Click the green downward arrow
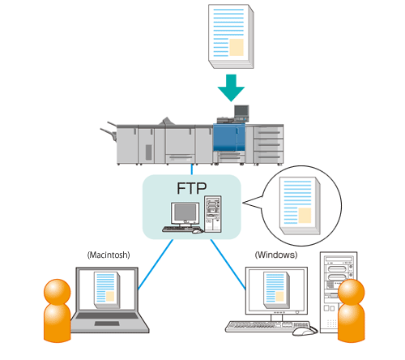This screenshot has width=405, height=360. [x=231, y=88]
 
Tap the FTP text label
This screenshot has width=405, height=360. [x=192, y=188]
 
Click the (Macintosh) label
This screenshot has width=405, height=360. [x=109, y=255]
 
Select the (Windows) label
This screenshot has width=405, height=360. [x=276, y=255]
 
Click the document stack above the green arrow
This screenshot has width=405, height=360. [x=231, y=36]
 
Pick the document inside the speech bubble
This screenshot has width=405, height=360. [x=300, y=206]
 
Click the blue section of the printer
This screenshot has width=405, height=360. [x=229, y=137]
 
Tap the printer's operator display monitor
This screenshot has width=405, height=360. [x=241, y=111]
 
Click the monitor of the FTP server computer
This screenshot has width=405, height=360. [x=185, y=212]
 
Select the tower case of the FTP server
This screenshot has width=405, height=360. [x=213, y=214]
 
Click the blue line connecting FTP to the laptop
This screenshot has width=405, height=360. [x=156, y=264]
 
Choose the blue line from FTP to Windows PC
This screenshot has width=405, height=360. [x=228, y=265]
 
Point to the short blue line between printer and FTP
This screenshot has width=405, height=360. [x=192, y=169]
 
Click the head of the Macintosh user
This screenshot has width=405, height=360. [x=57, y=292]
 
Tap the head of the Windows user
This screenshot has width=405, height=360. [x=352, y=292]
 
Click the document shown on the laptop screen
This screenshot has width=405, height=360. [x=107, y=290]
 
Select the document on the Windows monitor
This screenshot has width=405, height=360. [x=277, y=290]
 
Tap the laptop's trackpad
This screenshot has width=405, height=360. [x=107, y=324]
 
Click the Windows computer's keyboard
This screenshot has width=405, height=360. [x=267, y=326]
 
